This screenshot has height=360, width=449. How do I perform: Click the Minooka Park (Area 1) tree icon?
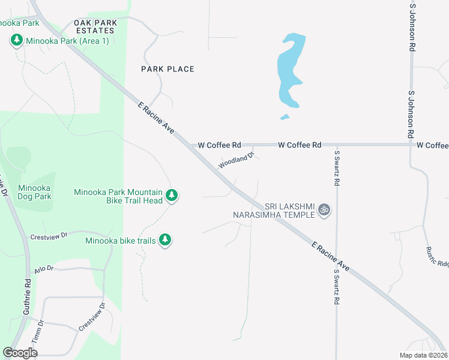coord(16,41)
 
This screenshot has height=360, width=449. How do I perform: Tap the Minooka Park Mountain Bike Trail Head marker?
coord(172,196)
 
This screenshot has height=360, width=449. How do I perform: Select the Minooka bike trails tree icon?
coord(165,241)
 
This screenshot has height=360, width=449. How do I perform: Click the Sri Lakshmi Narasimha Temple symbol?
coord(324,209)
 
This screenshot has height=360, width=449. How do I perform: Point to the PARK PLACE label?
coord(167,69)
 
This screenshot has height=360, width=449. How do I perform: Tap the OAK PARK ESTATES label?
coord(94,26)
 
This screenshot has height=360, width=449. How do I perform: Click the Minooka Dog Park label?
coord(34,192)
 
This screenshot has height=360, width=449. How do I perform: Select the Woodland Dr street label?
coord(237,160)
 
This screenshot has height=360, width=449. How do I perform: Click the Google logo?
coord(20,353)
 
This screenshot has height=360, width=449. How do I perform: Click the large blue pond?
coord(289,72)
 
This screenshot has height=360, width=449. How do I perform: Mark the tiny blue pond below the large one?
coord(285,117)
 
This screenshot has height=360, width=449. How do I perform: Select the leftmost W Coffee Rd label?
coord(219,145)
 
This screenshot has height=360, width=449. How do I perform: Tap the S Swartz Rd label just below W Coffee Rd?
coord(337,167)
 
